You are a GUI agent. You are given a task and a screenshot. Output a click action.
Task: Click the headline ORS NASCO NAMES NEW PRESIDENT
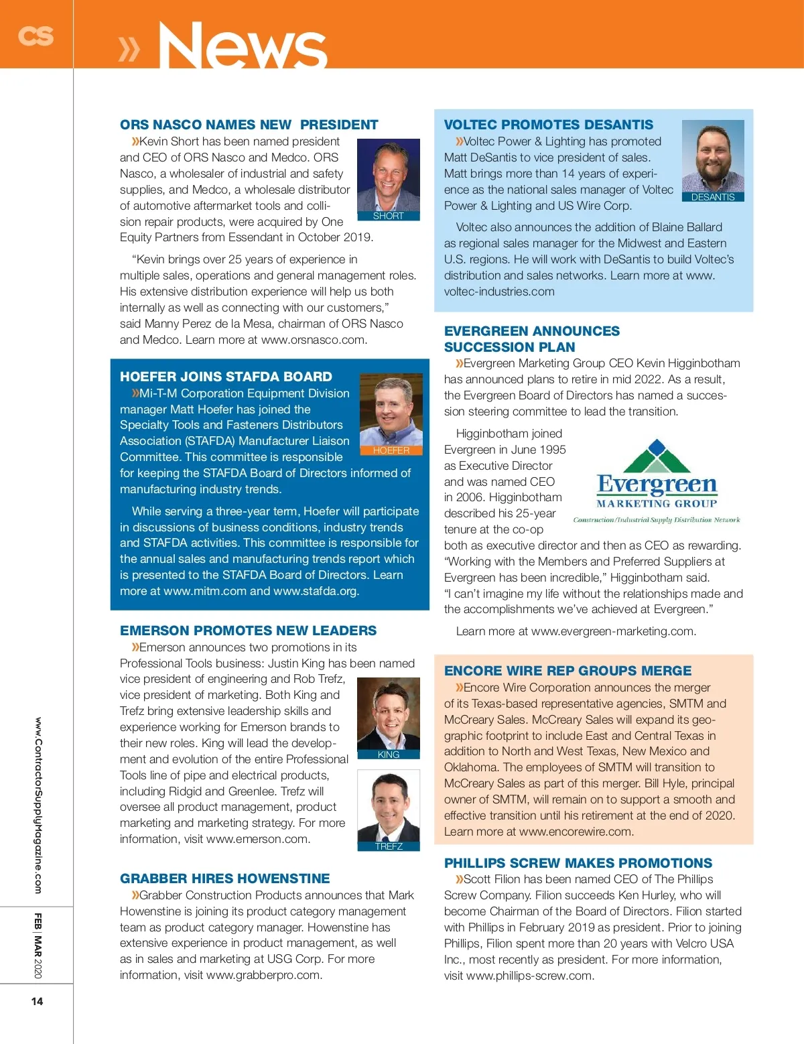coord(249,125)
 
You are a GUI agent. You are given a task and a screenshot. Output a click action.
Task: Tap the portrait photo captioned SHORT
coord(388,175)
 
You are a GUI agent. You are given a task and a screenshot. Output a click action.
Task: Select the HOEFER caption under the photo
coord(391,451)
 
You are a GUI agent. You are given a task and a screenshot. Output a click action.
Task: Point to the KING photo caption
coord(389,755)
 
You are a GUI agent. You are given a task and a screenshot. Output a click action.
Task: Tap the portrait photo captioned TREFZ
coord(389,806)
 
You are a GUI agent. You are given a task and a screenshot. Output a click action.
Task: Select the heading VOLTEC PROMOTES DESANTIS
coord(548,125)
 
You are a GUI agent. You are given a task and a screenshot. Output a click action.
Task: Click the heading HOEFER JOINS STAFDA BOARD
coord(226,377)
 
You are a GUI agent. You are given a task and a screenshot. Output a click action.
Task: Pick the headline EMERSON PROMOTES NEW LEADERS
coord(248,631)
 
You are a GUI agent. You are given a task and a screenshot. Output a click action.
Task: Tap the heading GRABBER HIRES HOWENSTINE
coord(224,878)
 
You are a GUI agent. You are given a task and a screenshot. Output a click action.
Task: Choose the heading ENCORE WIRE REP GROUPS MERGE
coord(567,671)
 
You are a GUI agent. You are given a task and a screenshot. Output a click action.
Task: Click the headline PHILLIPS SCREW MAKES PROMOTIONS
coord(578,863)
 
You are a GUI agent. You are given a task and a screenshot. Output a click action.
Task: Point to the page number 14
coord(37,1001)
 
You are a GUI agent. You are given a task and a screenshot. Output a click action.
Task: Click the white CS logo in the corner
coord(36,36)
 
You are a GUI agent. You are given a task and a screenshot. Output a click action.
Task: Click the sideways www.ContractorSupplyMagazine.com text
coord(38,805)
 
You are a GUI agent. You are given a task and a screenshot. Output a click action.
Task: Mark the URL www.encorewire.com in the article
coord(576,832)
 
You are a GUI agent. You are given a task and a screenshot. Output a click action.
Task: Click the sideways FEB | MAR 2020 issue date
coord(38,945)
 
